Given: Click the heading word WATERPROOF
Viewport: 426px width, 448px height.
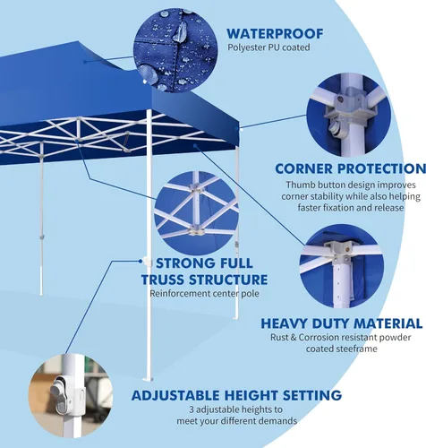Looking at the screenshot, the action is click(x=275, y=34).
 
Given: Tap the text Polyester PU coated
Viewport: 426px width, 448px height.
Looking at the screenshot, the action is click(x=268, y=47).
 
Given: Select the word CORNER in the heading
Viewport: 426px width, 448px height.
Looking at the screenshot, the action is click(x=303, y=168).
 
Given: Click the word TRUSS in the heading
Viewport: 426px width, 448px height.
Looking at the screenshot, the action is click(x=163, y=280).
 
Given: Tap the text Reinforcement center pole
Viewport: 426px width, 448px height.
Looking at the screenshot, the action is click(x=204, y=294).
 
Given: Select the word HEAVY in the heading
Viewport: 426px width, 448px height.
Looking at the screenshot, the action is click(x=284, y=323).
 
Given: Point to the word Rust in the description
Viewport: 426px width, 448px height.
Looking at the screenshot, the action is click(x=279, y=338).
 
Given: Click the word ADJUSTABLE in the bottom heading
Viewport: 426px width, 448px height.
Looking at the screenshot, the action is click(x=175, y=395).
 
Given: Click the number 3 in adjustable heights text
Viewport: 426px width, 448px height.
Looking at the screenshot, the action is click(x=192, y=409).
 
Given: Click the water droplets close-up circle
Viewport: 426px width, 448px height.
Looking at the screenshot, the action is click(x=175, y=50).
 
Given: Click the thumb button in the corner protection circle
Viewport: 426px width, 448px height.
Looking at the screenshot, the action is click(x=334, y=128).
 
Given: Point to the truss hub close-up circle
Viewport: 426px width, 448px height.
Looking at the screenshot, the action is click(x=196, y=213).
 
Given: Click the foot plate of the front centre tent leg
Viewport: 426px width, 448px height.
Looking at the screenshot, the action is click(x=148, y=379).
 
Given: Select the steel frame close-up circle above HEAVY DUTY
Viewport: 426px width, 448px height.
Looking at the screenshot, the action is click(x=342, y=266).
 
